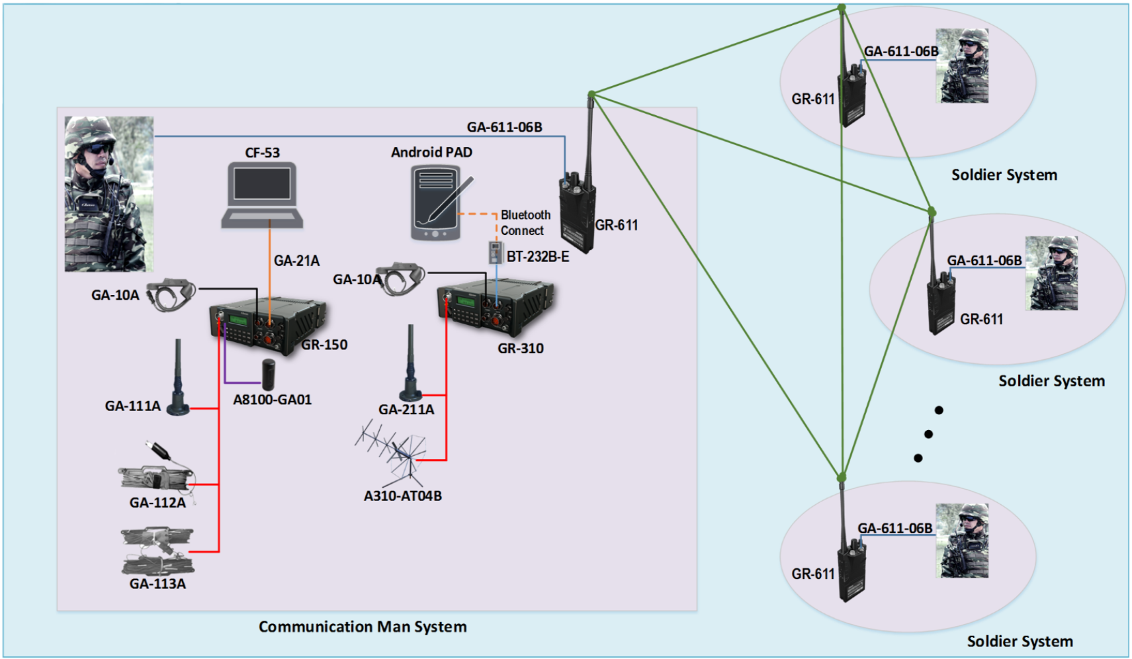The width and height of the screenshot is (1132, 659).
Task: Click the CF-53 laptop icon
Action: point(262,196)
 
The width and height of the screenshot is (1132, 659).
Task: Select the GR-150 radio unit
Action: point(268,326)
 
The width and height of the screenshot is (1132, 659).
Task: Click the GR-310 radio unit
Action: point(495,306)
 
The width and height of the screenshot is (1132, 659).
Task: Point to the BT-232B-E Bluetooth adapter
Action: point(496,253)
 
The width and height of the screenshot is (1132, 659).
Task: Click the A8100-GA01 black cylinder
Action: point(268,374)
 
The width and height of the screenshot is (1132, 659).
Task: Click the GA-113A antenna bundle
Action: point(158,550)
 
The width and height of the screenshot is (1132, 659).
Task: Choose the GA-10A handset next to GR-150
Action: point(171,294)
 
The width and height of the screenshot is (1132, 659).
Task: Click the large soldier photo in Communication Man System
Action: point(109,194)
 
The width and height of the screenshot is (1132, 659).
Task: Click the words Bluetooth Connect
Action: point(524,223)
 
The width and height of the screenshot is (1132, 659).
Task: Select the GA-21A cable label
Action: point(296,261)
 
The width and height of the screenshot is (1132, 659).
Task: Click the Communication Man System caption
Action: point(363,627)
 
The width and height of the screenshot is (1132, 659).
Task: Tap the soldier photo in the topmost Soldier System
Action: point(962,66)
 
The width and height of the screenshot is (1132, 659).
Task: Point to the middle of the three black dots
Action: point(928,434)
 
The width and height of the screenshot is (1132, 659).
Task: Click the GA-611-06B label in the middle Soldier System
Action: point(984,261)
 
